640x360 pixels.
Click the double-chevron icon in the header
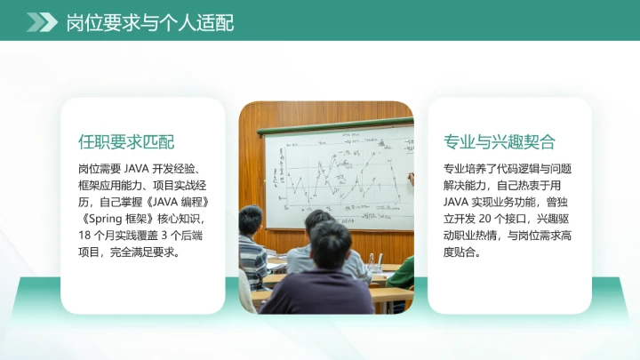pyautogui.click(x=42, y=22)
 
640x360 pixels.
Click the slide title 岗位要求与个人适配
pyautogui.click(x=150, y=22)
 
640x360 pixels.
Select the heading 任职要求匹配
pyautogui.click(x=126, y=142)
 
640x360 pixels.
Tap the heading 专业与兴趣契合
pyautogui.click(x=499, y=142)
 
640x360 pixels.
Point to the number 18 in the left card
pyautogui.click(x=86, y=236)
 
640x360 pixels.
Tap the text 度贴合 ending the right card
pyautogui.click(x=460, y=252)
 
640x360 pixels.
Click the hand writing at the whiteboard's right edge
pyautogui.click(x=410, y=178)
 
